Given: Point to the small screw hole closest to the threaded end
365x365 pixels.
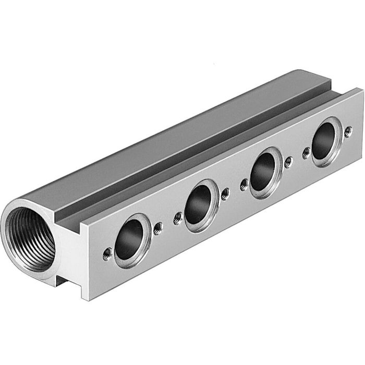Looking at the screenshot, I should pos(107,253).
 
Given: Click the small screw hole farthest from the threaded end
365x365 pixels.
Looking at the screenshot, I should pos(348,130).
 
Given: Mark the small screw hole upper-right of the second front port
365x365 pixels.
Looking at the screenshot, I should pos(225,193).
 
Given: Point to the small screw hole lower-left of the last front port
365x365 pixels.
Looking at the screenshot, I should pos(307,152).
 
